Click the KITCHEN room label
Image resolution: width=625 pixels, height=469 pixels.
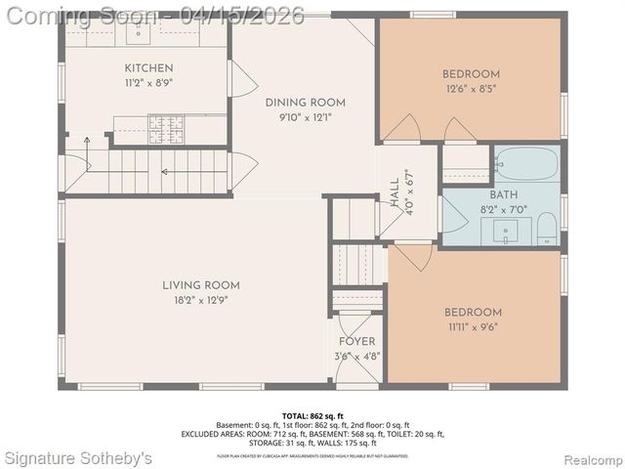tap(148, 67)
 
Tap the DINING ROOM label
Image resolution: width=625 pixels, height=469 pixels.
tap(306, 103)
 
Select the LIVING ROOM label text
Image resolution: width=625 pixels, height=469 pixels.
tap(201, 285)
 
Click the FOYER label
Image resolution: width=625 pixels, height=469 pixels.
tap(356, 341)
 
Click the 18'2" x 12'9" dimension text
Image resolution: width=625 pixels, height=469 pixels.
tap(201, 301)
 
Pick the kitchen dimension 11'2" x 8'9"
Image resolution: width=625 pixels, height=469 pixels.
tap(148, 83)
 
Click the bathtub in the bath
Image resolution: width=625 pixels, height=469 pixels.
tap(524, 163)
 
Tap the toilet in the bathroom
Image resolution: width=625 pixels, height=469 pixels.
tap(547, 229)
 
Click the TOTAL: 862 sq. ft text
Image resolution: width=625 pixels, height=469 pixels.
tap(312, 415)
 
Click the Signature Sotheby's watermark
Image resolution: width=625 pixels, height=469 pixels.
tap(78, 458)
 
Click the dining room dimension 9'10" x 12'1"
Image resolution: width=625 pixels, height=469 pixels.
tap(306, 118)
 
